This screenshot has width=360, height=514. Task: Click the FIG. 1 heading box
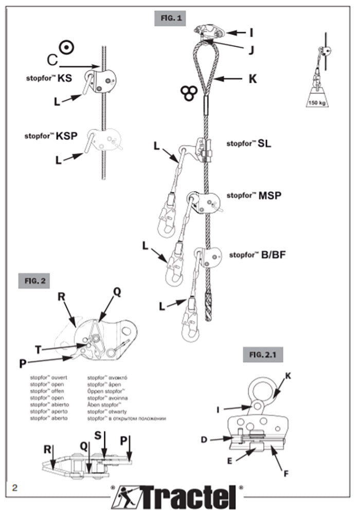click(172, 18)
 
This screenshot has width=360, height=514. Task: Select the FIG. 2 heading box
click(34, 281)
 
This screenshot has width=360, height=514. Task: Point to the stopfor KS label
click(49, 79)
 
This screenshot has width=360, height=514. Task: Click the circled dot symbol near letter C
click(66, 47)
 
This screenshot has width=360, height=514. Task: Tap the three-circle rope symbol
click(188, 92)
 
